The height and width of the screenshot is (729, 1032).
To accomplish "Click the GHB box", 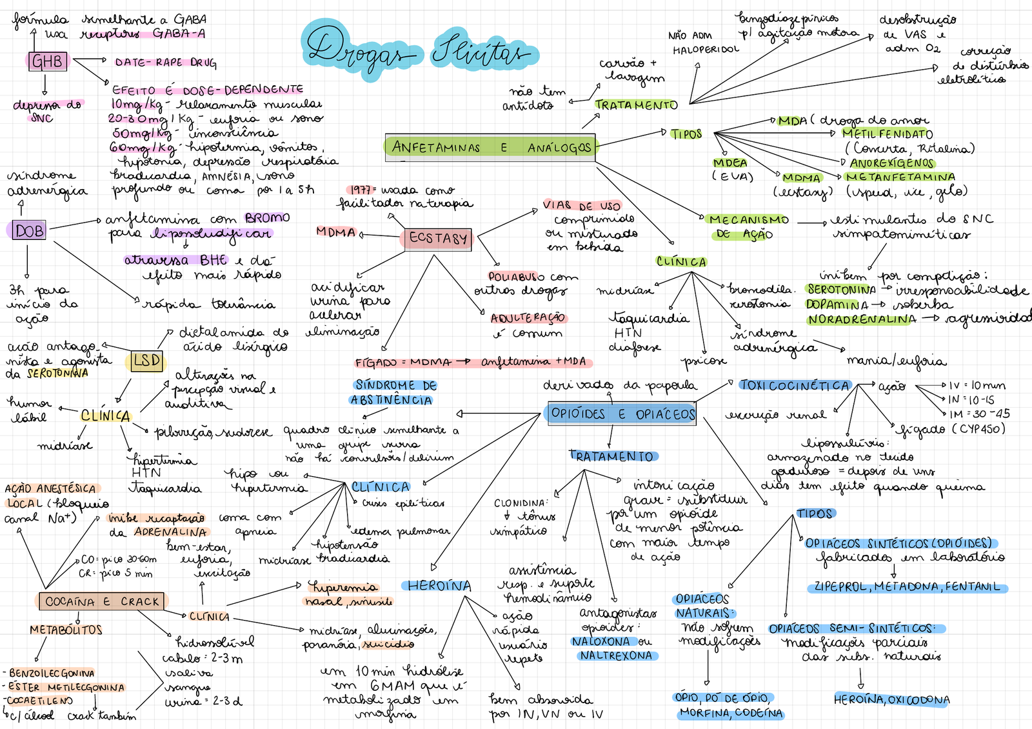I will [x=48, y=61].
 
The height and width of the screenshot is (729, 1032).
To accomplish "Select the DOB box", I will [x=29, y=230].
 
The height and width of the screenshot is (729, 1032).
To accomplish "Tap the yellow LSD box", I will [x=146, y=361].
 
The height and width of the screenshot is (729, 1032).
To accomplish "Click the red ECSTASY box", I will [x=438, y=239].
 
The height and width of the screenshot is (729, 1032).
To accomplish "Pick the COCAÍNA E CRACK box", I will [x=102, y=601].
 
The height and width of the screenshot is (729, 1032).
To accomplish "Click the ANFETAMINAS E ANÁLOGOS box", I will [x=491, y=147].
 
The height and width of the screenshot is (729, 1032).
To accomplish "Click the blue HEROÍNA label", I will [x=439, y=586].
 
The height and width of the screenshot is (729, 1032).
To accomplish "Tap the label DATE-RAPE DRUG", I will [x=166, y=62].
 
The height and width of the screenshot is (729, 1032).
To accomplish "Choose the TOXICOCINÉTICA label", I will [x=795, y=385].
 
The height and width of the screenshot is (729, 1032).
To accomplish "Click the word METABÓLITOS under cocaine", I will [x=66, y=630].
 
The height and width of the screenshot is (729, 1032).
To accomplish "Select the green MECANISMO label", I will [x=748, y=220].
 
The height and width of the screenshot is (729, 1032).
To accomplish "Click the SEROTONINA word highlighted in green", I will [x=841, y=290].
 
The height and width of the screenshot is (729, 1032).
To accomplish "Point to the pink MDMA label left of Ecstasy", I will [x=336, y=232].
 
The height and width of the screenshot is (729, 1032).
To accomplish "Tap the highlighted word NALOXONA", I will [x=600, y=641].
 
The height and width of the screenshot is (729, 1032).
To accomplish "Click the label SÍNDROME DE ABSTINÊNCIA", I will [x=395, y=392].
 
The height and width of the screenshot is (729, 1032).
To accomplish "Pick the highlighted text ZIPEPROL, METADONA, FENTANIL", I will [x=907, y=587].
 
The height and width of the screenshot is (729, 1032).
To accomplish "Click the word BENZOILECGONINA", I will [x=52, y=673].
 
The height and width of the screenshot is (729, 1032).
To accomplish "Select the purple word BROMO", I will [x=267, y=218].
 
